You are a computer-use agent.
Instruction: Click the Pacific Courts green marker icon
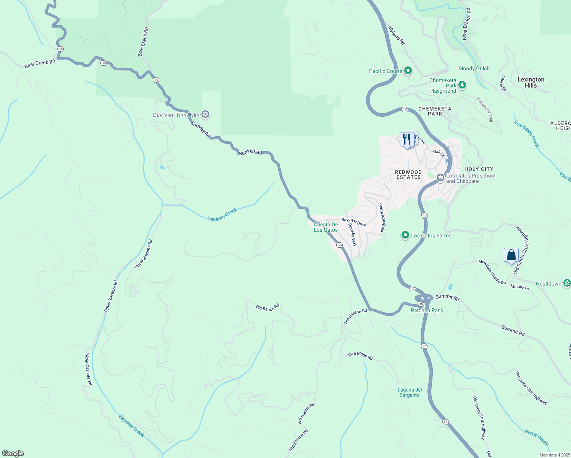coord(408,71)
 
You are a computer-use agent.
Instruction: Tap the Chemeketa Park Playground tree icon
coord(462,85)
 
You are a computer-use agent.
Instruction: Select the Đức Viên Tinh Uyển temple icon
coord(205,114)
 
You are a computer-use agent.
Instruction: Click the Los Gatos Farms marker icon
coord(405,235)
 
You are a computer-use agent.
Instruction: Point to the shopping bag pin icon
coord(511,255)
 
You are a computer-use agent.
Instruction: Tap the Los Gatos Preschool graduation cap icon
coord(440,178)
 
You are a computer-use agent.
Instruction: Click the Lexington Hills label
coord(531,82)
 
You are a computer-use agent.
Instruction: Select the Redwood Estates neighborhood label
coord(408,175)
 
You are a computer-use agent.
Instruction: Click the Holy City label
coord(479,169)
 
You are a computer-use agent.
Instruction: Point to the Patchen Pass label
coord(427,310)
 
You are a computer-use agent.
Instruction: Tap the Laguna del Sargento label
coord(410,392)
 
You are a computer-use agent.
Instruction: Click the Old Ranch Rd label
coord(267,307)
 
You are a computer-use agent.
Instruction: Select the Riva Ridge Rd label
coord(360,356)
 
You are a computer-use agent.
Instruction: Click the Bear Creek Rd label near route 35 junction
coord(40,63)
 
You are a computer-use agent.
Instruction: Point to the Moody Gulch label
coord(474,69)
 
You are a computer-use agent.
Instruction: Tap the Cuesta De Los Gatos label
coord(326,227)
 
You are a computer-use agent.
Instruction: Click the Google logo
coord(13,453)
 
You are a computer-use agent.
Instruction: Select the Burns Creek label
coord(536,437)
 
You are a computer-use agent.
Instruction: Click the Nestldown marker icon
coord(567,283)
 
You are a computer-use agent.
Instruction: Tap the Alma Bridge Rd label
coord(466,24)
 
